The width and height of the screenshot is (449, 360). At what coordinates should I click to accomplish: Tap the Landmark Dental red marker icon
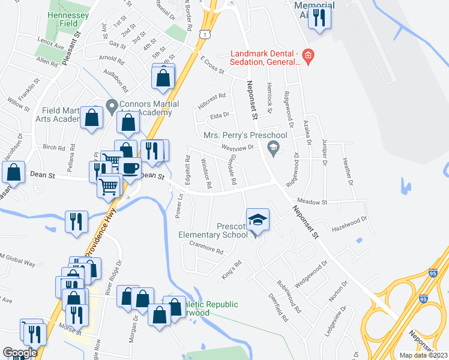coord(308,58)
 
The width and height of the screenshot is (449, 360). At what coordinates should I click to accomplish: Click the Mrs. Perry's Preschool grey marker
coord(274,148)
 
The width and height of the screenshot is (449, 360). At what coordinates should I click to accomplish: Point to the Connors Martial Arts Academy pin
coord(111,106)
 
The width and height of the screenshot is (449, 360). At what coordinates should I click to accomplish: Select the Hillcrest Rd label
coord(213,96)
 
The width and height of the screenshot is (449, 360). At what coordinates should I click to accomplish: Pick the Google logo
coord(20,353)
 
